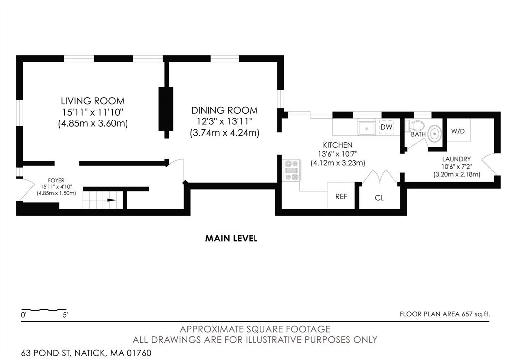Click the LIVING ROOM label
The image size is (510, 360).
point(93,101)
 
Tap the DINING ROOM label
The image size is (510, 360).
point(225,110)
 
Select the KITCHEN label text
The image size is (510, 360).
point(337,145)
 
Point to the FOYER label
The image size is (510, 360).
point(56,180)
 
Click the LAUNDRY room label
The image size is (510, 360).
point(456,159)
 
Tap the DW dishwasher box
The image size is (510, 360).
point(386,127)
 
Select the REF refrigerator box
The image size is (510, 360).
point(341,195)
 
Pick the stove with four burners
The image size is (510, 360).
point(292,170)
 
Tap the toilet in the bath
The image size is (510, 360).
point(415,125)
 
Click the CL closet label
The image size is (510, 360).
point(379,198)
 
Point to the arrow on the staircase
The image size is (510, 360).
point(111,200)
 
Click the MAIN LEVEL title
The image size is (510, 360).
point(231,239)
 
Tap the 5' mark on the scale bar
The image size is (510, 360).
point(65,315)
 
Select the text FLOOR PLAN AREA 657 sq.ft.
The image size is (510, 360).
point(445,314)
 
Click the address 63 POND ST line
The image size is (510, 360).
point(87,353)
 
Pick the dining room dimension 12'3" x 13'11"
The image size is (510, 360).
point(225,121)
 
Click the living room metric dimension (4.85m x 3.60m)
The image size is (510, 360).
point(93,123)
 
